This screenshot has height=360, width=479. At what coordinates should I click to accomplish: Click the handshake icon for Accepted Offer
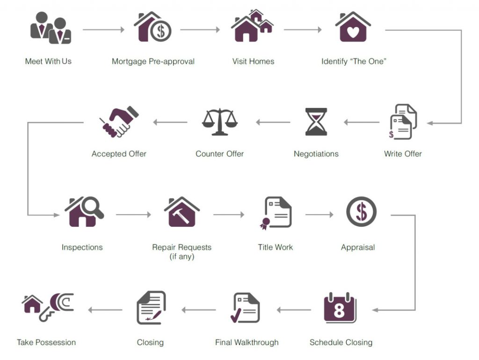click(119, 122)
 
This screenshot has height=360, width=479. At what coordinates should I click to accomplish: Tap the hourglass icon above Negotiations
click(316, 122)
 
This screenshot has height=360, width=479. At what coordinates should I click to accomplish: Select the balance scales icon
click(220, 122)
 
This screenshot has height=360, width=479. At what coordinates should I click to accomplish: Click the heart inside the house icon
click(353, 32)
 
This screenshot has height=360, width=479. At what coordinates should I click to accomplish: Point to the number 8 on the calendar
click(339, 310)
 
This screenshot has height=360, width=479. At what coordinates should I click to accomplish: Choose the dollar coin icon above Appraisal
click(361, 212)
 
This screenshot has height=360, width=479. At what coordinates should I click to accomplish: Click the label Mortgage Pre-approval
click(153, 61)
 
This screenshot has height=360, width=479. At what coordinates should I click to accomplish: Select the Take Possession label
click(46, 342)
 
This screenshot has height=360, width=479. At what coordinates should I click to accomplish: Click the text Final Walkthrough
click(247, 342)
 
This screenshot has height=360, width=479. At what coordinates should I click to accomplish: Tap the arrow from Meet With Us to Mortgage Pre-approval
click(103, 29)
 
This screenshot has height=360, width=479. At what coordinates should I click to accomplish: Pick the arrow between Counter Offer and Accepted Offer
click(170, 122)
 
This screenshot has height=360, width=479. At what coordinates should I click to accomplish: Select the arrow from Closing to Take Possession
click(105, 310)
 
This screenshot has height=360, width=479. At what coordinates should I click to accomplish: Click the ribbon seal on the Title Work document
click(265, 223)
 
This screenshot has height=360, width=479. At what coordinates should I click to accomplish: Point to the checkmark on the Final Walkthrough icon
click(236, 316)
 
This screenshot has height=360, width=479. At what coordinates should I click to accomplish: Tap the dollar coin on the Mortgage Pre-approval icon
click(161, 31)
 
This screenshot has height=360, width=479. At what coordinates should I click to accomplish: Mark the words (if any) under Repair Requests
click(182, 257)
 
